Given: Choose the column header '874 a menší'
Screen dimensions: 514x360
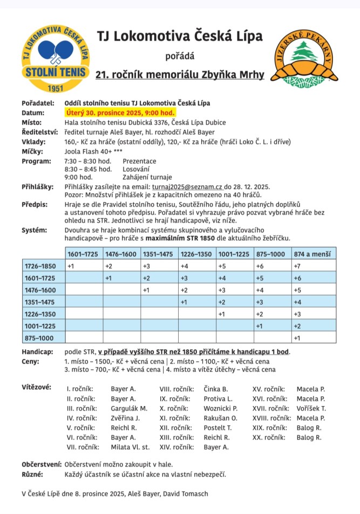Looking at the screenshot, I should pyautogui.click(x=314, y=254).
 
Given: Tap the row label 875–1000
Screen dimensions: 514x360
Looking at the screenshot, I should pyautogui.click(x=39, y=338).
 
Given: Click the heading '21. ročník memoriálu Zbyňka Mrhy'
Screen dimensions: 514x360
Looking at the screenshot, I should pyautogui.click(x=180, y=75).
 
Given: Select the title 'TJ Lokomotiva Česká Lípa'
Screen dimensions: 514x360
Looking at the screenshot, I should pyautogui.click(x=180, y=36).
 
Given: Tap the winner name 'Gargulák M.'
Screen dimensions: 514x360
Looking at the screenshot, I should pyautogui.click(x=125, y=408).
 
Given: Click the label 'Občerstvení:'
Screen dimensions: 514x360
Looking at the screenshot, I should pyautogui.click(x=41, y=464).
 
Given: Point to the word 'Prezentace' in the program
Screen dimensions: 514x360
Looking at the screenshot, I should pyautogui.click(x=139, y=161).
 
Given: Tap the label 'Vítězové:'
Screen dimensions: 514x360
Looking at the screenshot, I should pyautogui.click(x=36, y=388).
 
